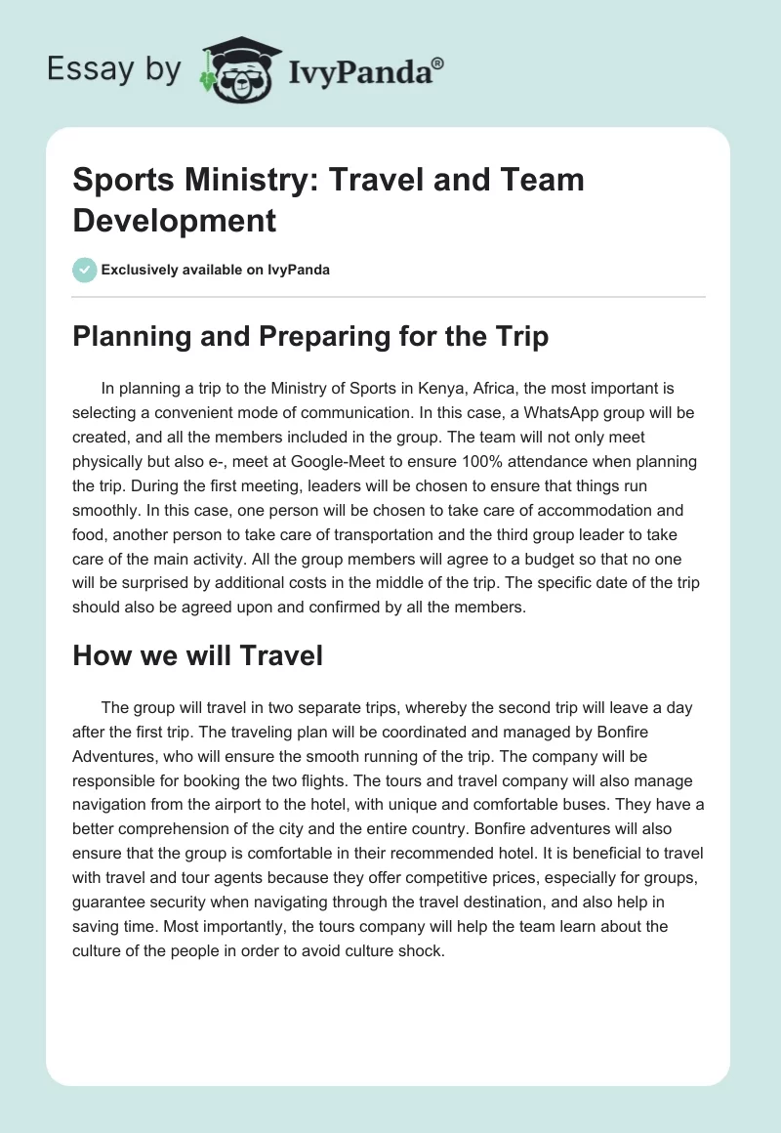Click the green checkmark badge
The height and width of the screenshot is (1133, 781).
pyautogui.click(x=84, y=270)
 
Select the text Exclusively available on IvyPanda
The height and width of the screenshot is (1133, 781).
pyautogui.click(x=215, y=270)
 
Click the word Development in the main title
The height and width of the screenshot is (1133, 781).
pyautogui.click(x=175, y=220)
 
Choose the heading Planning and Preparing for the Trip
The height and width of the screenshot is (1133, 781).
pyautogui.click(x=310, y=337)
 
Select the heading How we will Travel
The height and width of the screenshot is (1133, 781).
pyautogui.click(x=197, y=655)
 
